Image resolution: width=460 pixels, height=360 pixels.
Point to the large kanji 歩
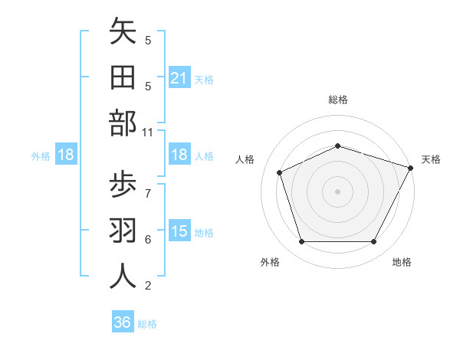click(123, 184)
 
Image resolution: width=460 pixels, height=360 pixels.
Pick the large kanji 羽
click(123, 231)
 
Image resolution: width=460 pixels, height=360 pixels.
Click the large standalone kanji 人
click(123, 277)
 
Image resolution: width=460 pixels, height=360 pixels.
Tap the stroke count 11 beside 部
click(148, 133)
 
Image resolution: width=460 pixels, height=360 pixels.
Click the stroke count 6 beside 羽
click(148, 239)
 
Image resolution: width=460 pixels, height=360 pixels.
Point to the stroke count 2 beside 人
click(148, 286)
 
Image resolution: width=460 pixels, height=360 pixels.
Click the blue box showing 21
click(179, 77)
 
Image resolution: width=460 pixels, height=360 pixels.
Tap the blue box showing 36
click(123, 322)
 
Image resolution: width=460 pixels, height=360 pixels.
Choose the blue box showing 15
click(179, 231)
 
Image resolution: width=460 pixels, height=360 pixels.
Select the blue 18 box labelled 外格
click(66, 155)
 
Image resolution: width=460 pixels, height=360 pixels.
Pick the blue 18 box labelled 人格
click(179, 155)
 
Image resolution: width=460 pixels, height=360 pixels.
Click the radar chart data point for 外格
click(301, 242)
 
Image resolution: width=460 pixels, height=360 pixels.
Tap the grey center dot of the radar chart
click(337, 191)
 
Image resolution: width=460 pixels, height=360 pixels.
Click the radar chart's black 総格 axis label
click(337, 100)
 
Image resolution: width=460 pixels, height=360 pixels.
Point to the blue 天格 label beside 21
click(204, 79)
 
